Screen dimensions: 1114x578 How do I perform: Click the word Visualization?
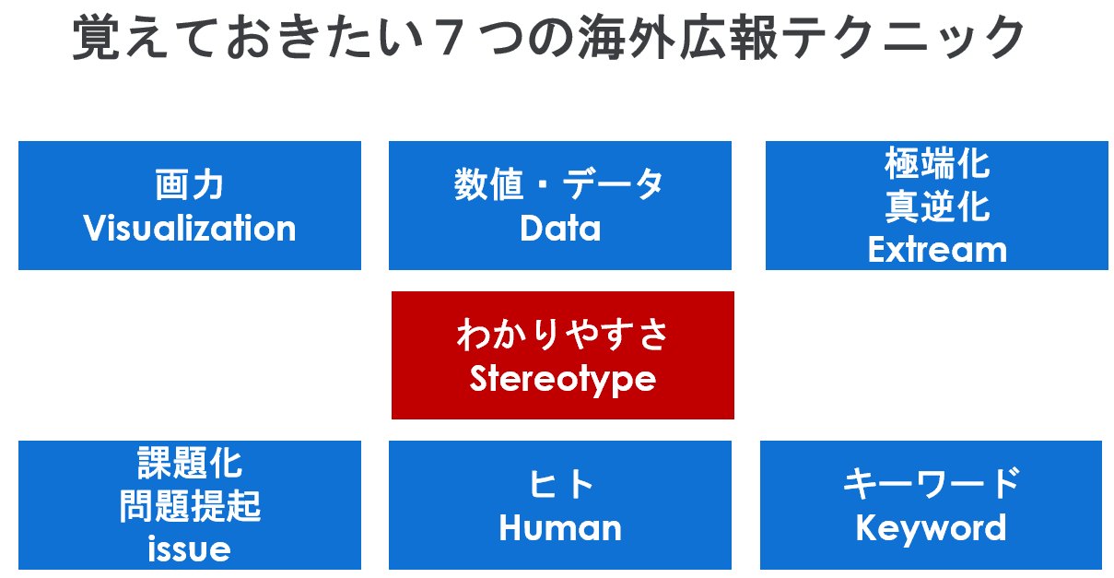pos(190,229)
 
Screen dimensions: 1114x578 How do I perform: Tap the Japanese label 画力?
pos(190,184)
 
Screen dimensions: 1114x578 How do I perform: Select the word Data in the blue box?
pos(560,229)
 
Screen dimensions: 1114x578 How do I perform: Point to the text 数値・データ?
pos(559,184)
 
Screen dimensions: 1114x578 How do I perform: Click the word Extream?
pos(937,249)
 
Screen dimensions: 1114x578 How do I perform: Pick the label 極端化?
pos(937,163)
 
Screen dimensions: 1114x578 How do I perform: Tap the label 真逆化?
pos(937,206)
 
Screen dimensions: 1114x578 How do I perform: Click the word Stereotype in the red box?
pos(562,380)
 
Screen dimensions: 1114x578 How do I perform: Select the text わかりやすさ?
pos(562,335)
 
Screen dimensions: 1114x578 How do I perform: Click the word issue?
pos(190,549)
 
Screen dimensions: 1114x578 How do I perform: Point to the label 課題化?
pos(190,463)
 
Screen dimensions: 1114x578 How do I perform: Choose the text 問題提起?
pos(190,506)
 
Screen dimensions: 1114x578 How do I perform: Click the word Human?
pos(560,528)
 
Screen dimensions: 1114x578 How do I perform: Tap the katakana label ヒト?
pos(560,484)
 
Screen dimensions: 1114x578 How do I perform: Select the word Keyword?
pos(931,528)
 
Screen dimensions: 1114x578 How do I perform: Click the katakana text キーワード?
pos(932,483)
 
